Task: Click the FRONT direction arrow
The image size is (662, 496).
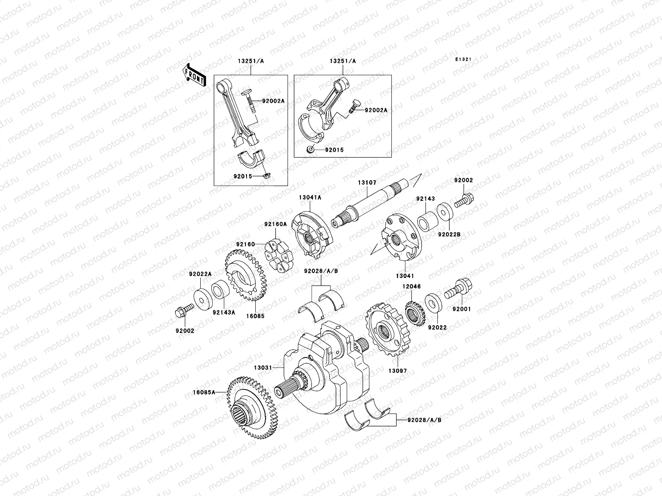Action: (194, 75)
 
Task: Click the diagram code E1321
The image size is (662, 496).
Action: (463, 60)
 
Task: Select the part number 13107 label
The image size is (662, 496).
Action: (366, 182)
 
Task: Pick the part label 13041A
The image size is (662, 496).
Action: (310, 198)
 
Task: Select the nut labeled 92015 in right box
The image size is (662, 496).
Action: (310, 150)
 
